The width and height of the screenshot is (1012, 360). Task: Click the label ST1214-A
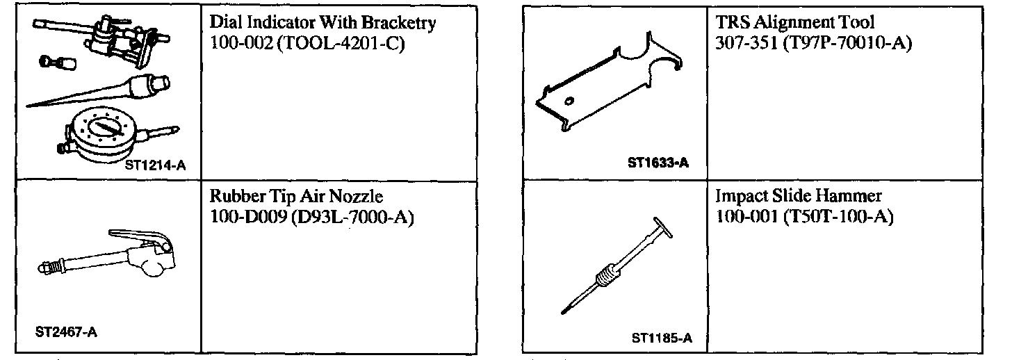coord(156,166)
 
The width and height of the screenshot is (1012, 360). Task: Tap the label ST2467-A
coord(66,332)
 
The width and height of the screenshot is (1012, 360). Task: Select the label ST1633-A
coord(658,163)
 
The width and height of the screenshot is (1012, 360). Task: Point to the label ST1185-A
coord(662,339)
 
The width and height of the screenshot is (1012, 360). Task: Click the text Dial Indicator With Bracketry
coord(323,23)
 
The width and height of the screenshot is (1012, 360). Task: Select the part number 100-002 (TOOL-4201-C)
coord(307,43)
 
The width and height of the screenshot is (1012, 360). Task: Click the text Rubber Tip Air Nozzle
coord(296,197)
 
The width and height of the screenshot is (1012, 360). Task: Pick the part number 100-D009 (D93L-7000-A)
coord(311,217)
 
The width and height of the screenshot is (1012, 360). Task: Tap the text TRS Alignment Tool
coord(794,23)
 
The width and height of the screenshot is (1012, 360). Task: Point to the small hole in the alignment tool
coord(571,101)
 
